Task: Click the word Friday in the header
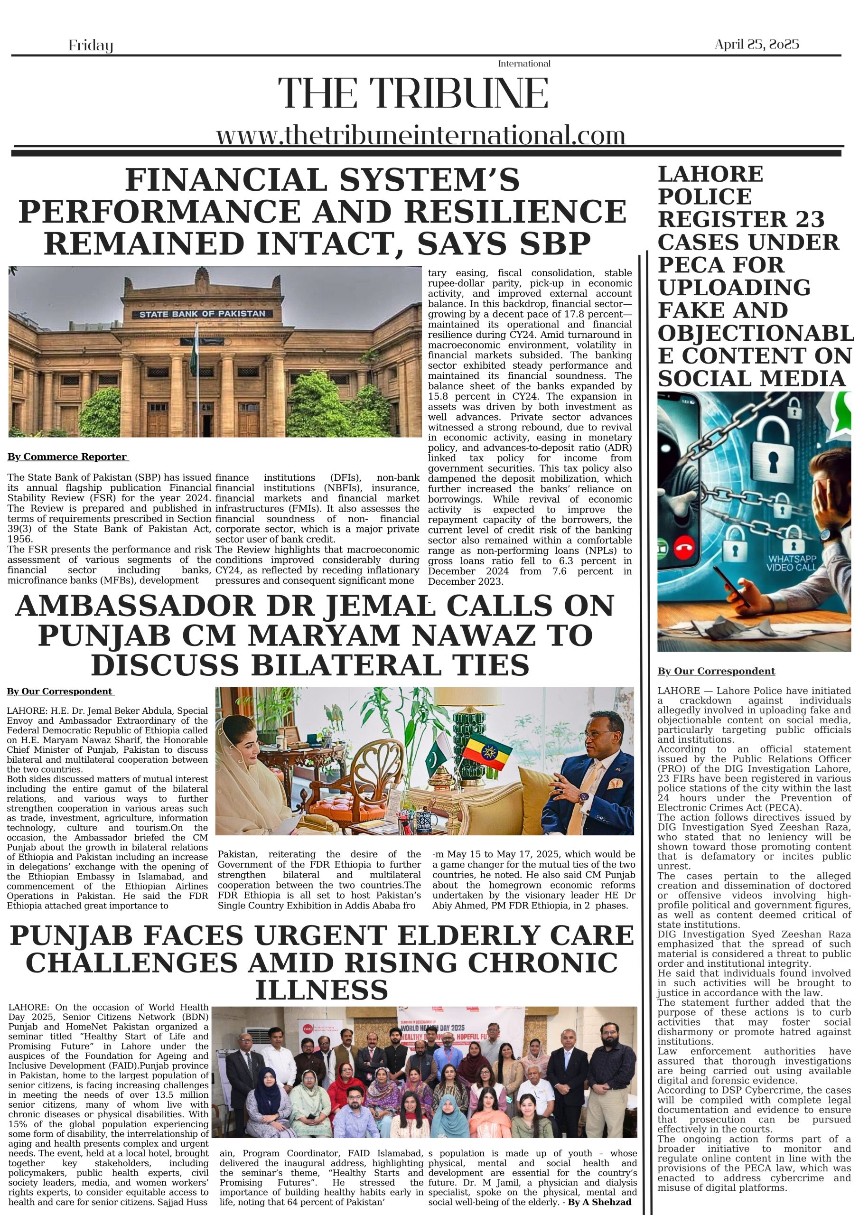[x=91, y=46]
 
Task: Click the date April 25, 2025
[x=756, y=45]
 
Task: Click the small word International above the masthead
[x=524, y=64]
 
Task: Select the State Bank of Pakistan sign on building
[x=202, y=314]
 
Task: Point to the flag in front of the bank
[x=194, y=349]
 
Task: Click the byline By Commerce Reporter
[x=67, y=457]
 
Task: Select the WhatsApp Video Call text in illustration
[x=792, y=563]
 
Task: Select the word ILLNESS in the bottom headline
[x=322, y=989]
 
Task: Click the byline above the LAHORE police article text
[x=716, y=671]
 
